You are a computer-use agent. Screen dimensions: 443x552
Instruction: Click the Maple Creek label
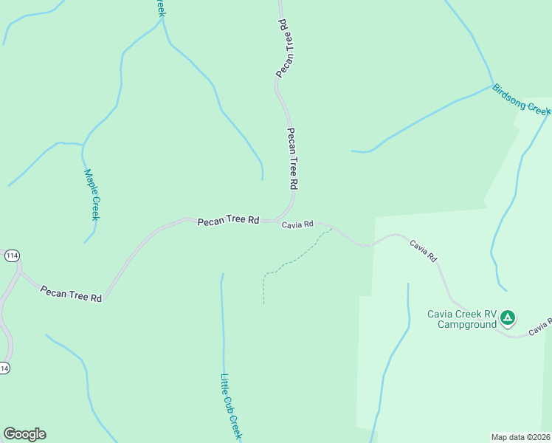92,195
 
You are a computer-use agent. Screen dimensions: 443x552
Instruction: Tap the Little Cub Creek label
231,405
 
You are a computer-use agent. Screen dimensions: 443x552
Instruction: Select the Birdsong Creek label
521,98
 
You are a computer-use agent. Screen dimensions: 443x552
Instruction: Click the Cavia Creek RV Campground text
462,318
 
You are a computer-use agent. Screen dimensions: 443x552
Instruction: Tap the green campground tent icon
507,318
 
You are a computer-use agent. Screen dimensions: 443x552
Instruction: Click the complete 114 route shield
11,255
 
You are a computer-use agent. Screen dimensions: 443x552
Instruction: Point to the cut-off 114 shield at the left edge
4,368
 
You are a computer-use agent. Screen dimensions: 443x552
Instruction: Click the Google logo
24,434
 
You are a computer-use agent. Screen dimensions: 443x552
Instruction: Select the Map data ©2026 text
521,437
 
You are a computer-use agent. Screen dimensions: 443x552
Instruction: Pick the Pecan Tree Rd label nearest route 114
71,294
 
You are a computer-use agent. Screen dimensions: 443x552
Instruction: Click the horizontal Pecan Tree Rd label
228,220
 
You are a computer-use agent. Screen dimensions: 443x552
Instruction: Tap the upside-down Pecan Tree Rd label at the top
285,48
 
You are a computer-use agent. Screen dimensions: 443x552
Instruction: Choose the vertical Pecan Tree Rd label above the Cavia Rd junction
292,158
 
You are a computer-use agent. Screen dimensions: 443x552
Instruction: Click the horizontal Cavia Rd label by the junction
297,224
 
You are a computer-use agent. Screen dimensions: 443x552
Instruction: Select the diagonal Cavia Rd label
424,250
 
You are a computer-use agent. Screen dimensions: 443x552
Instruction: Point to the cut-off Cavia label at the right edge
541,326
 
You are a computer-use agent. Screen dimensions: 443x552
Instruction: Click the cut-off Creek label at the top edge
159,7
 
